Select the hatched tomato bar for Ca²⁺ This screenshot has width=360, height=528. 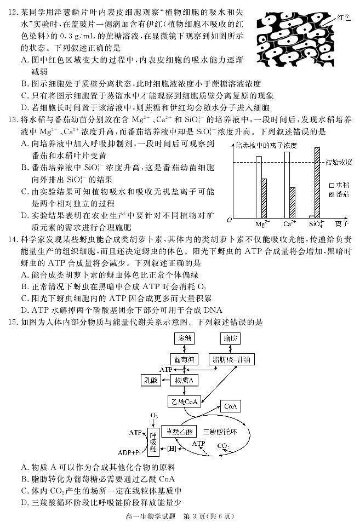click(293, 203)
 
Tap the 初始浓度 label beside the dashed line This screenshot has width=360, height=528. click(340, 162)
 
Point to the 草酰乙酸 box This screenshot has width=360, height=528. click(180, 431)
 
